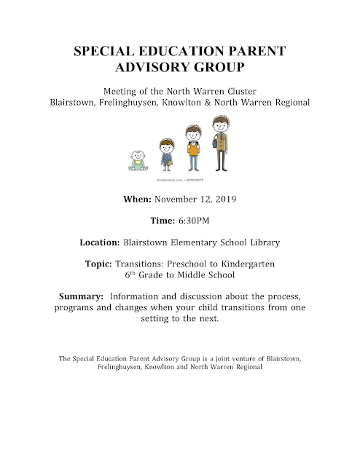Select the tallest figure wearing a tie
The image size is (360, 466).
coord(222,142)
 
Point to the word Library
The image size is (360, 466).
coord(262,242)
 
